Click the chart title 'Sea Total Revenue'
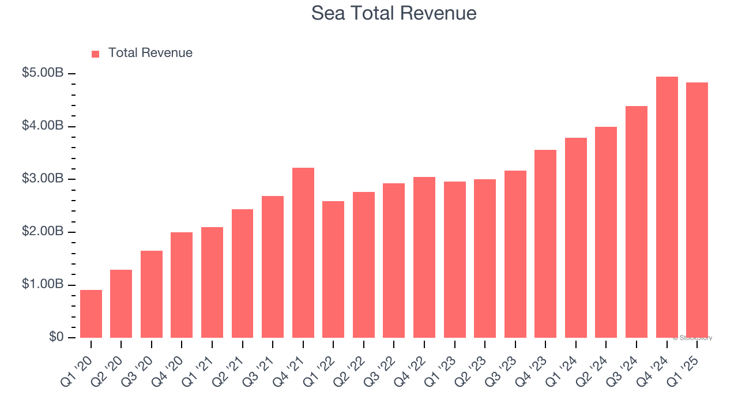coord(394,13)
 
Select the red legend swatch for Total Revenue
coord(96,54)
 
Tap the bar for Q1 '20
coord(91,314)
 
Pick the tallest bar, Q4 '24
coord(667,207)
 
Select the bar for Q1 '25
coord(697,210)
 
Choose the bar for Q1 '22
coord(333,269)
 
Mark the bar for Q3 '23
coord(515,254)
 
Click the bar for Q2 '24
coord(606,232)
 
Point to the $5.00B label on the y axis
coord(43,73)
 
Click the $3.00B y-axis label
coord(43,179)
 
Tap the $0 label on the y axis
coord(57,337)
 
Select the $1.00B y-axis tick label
coord(43,285)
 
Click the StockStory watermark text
coord(692,338)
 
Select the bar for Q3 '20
coord(152,294)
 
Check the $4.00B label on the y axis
coord(43,126)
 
